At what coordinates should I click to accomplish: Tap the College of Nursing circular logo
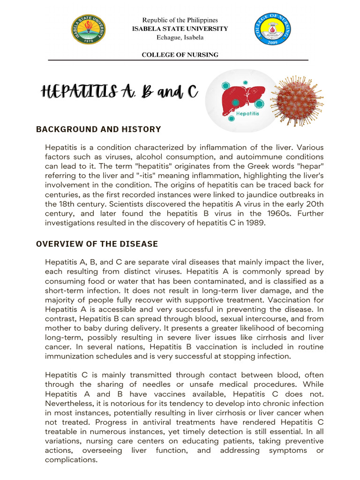pos(272,30)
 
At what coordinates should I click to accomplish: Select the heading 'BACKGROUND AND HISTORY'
pos(98,129)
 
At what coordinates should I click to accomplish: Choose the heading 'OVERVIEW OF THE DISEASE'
pos(97,244)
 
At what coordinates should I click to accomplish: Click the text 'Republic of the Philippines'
pos(180,21)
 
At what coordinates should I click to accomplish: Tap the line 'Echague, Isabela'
pos(180,37)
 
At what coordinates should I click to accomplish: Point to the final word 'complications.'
pos(71,460)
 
